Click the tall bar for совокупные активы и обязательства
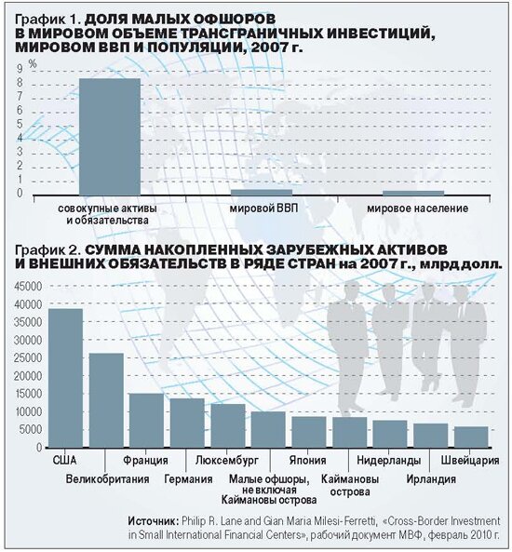[110, 137]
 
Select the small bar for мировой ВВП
[262, 192]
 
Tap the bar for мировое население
[413, 193]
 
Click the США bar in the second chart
[65, 378]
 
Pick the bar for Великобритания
[106, 400]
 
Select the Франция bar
[146, 421]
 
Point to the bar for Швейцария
[471, 438]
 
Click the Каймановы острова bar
[350, 432]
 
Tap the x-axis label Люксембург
[227, 460]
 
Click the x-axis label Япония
[308, 460]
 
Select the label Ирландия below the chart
[431, 479]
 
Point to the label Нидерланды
[389, 460]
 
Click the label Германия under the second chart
[188, 479]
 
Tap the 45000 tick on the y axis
[28, 286]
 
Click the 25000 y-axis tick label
[28, 358]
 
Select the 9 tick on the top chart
[20, 68]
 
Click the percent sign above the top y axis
[33, 63]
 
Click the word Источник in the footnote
[154, 521]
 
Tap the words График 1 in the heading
[47, 20]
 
